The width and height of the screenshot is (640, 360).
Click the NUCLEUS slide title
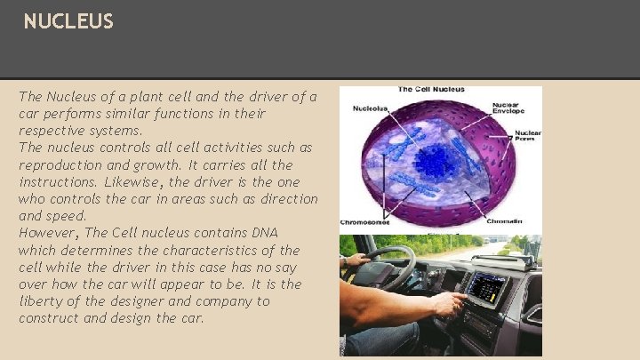pos(68,21)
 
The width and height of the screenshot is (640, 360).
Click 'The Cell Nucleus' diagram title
pos(430,90)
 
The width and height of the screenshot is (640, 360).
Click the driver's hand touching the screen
pos(448,306)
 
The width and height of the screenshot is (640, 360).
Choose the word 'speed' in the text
pos(68,216)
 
